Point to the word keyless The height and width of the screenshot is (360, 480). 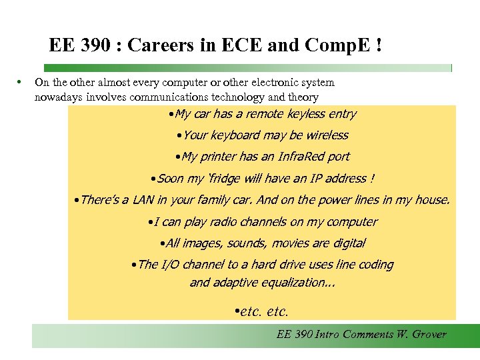click(x=305, y=114)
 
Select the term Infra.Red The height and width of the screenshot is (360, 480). click(x=298, y=157)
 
